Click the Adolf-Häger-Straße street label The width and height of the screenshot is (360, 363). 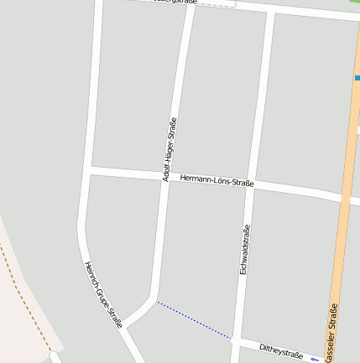[170, 149]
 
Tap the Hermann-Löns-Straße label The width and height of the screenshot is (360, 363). [217, 180]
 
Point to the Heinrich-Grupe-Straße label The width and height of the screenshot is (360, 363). [103, 294]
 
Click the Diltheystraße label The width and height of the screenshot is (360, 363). [280, 350]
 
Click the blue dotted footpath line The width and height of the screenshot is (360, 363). [193, 319]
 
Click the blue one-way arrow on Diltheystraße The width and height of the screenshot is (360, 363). [314, 359]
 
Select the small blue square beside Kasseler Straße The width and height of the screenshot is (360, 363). [357, 78]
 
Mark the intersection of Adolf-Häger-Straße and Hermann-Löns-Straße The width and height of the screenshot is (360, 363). [165, 177]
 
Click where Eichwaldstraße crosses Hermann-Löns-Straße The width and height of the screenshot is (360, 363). [251, 184]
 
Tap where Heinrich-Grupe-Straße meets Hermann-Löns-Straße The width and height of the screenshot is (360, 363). [88, 170]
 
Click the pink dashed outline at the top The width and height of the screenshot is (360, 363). [217, 7]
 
